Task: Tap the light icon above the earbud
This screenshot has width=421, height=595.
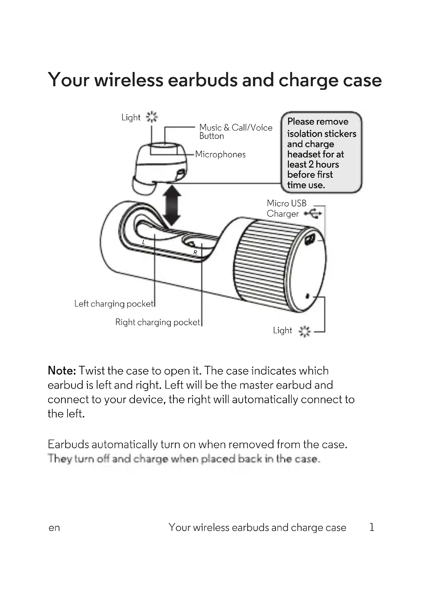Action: [152, 117]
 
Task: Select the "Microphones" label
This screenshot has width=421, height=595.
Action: [220, 154]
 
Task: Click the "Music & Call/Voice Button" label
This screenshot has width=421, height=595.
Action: [235, 132]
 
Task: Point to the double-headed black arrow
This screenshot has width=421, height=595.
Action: [172, 206]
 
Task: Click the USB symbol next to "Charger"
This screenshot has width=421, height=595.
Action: [313, 213]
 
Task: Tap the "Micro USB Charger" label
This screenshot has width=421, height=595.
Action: [286, 208]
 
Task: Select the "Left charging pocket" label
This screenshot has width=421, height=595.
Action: [114, 304]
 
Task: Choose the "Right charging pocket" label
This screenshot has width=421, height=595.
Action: [157, 322]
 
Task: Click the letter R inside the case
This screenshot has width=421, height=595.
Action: [195, 252]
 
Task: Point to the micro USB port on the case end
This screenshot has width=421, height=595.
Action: [309, 239]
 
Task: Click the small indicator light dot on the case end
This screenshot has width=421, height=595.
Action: [308, 296]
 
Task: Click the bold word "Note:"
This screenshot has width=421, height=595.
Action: [62, 371]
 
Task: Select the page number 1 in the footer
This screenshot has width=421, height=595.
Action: [372, 527]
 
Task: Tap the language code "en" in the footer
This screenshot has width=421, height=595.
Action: [54, 528]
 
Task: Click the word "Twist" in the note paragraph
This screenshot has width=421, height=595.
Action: [92, 371]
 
